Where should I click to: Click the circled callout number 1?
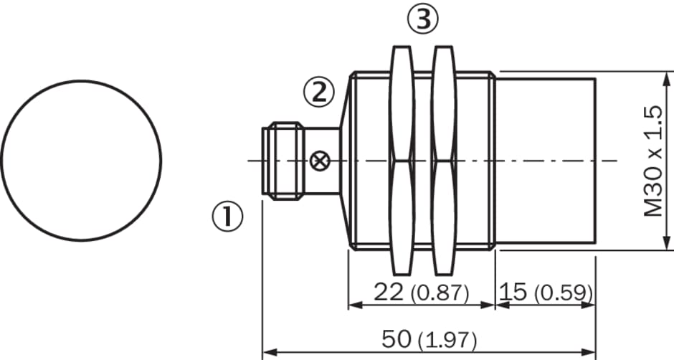pos(227,217)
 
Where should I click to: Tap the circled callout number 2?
pos(319,93)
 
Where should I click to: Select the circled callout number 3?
pos(423,19)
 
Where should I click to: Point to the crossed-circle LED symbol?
pos(319,161)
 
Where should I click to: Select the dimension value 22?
pos(389,292)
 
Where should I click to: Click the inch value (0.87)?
pos(440,293)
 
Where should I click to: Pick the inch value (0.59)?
pos(564,293)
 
